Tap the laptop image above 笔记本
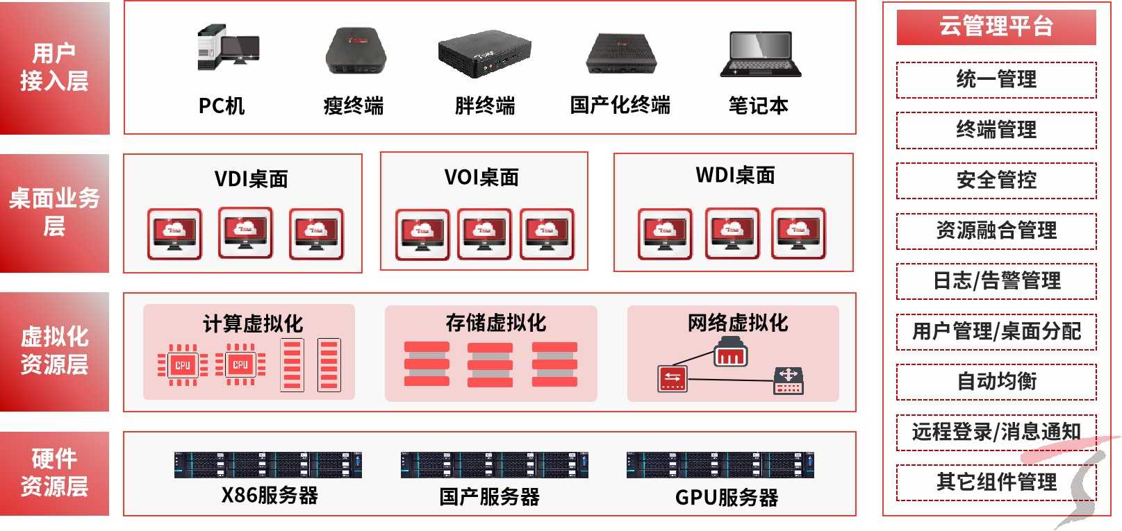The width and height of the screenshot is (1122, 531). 761,53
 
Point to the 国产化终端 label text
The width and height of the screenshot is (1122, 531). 620,106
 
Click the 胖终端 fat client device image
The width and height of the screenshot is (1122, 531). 484,53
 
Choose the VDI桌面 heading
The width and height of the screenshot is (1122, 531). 251,179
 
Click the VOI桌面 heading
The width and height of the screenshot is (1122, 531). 481,178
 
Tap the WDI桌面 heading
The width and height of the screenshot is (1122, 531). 735,176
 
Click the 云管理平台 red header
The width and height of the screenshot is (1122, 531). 996,27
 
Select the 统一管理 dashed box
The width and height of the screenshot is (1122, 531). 996,80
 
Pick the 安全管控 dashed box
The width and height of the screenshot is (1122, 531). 996,180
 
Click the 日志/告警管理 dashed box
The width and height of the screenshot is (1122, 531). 996,281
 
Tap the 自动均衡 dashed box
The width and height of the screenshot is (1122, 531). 996,382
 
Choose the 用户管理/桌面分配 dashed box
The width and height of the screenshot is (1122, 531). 996,331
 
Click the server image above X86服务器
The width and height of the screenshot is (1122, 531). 267,465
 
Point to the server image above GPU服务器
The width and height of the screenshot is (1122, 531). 720,465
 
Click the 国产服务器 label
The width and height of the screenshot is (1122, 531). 489,497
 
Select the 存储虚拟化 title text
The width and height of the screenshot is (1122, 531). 495,323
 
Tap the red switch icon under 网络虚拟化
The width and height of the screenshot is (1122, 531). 672,378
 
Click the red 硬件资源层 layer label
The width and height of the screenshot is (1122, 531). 54,473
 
